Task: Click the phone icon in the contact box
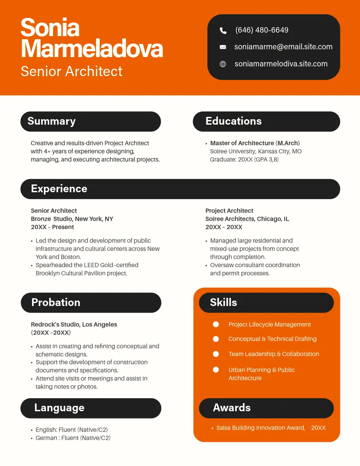[223, 30]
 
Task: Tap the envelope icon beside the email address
[223, 47]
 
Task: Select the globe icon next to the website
[223, 64]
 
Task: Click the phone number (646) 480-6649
[262, 30]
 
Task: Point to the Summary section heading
[52, 121]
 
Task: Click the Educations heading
[233, 121]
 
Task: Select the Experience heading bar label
[59, 189]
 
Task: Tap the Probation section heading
[56, 303]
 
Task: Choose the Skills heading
[223, 303]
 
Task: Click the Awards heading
[232, 408]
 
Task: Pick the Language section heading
[59, 408]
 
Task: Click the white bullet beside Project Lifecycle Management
[216, 324]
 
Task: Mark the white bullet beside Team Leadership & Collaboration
[216, 354]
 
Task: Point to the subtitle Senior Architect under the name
[71, 71]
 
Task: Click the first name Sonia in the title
[50, 28]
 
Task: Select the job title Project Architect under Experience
[229, 210]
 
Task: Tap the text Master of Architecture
[242, 143]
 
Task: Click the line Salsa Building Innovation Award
[260, 428]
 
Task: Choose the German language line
[73, 438]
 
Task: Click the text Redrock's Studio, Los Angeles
[74, 324]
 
